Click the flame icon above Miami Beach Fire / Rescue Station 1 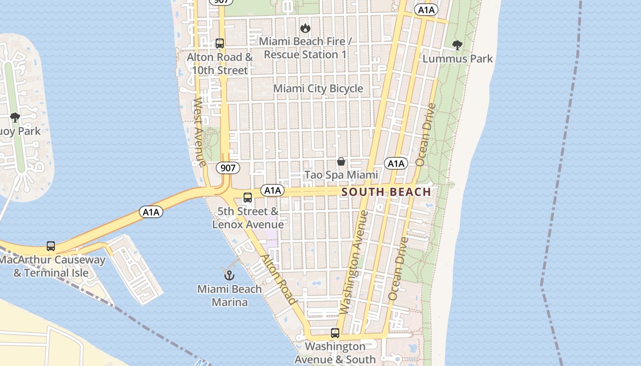pos(305,28)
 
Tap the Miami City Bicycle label pos(318,89)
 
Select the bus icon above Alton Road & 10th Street pos(220,43)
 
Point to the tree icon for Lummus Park pos(457,45)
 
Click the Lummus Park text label pos(457,59)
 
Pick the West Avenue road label pos(199,132)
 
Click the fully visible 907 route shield pos(228,168)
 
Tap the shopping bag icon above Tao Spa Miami pos(341,161)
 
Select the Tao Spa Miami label pos(341,175)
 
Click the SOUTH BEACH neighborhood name pos(386,192)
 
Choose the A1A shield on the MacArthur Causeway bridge pos(151,212)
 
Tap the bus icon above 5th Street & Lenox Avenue pos(248,198)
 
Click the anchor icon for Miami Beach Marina pos(229,275)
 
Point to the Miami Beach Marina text pos(229,296)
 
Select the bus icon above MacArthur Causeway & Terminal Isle pos(51,246)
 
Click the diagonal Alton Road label pos(278,280)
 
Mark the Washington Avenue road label pos(353,262)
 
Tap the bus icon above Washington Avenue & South pos(335,333)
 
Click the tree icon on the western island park pos(15,118)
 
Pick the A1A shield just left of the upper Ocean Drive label pos(396,164)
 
